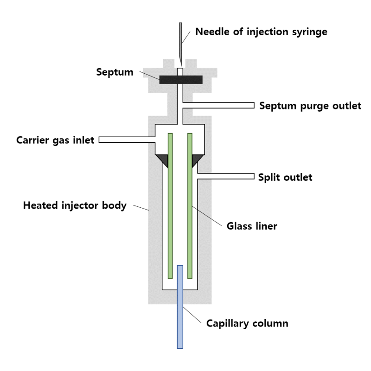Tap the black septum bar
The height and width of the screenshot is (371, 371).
click(181, 80)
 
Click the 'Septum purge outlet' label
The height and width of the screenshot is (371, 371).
click(310, 106)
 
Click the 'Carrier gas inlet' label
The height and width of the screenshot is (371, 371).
click(55, 140)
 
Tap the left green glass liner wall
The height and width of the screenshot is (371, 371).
click(170, 206)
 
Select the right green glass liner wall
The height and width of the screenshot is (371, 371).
click(190, 206)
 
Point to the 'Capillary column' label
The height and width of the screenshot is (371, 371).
click(247, 323)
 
